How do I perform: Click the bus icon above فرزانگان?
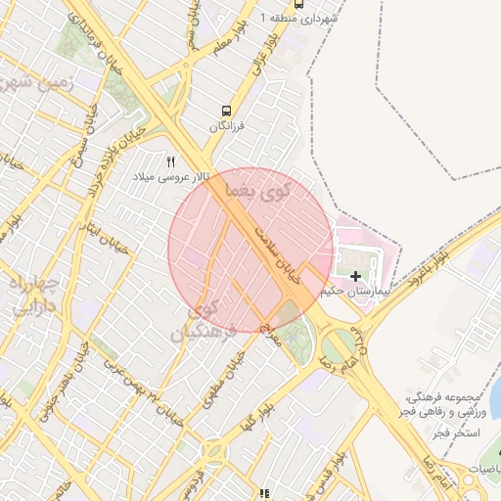pos(227,111)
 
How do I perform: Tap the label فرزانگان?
pos(227,127)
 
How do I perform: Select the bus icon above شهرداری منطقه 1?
pos(297,3)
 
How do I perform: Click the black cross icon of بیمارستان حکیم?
pos(354,277)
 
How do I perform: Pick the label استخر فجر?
pos(456,432)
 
